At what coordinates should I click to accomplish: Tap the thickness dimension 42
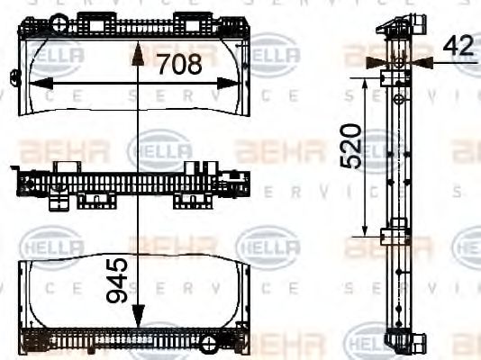coord(458,46)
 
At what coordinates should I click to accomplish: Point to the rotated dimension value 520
coord(351,147)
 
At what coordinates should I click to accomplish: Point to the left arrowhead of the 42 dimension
coord(378,62)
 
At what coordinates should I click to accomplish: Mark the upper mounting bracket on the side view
coord(393,78)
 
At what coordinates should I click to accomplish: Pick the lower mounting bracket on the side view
coord(393,237)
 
